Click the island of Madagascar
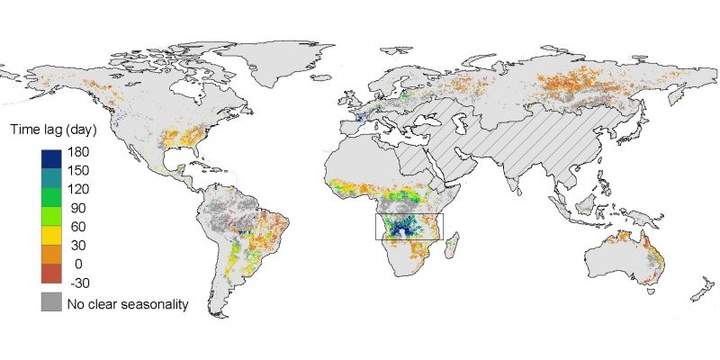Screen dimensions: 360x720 pos(455,247)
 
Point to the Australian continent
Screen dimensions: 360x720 pos(621,256)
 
